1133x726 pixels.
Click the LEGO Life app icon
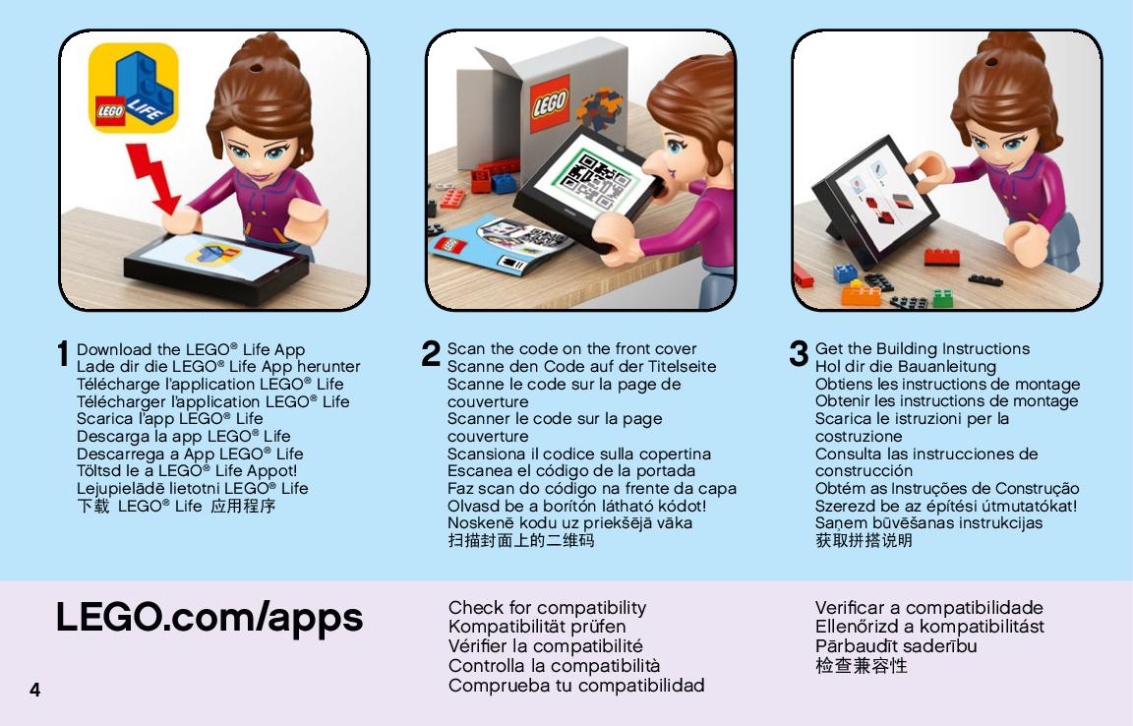(x=134, y=88)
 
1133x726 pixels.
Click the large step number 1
(x=64, y=353)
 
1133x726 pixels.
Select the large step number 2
(x=431, y=353)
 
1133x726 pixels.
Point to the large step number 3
(x=799, y=353)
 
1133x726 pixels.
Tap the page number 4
(x=34, y=690)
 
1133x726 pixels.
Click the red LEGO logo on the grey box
(x=550, y=103)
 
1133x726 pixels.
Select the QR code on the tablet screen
(x=596, y=178)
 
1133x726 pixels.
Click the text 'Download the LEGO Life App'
(x=191, y=350)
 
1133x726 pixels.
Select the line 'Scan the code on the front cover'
(x=571, y=348)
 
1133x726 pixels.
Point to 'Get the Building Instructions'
(x=922, y=348)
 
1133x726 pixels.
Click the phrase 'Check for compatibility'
(x=547, y=607)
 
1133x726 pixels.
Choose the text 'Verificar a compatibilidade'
(x=929, y=607)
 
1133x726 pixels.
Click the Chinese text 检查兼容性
(x=862, y=665)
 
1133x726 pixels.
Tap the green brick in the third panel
(x=943, y=297)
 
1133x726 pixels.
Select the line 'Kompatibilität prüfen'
(x=537, y=627)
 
